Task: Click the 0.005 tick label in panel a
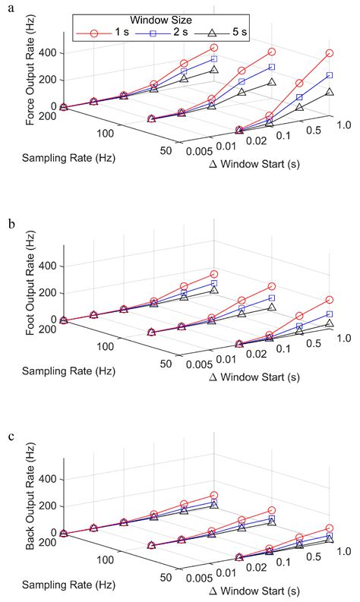coord(199,151)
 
